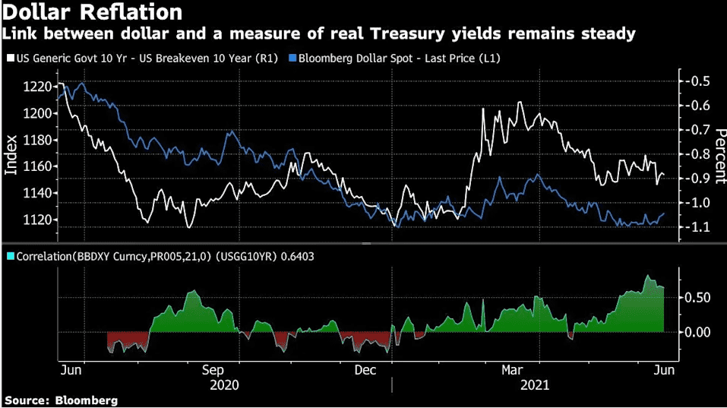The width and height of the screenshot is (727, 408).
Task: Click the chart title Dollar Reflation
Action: pos(92,11)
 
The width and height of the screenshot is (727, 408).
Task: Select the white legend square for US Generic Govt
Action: pos(11,59)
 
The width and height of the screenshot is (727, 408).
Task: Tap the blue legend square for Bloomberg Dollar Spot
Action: pos(292,59)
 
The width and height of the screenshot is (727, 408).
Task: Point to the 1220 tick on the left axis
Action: pos(37,87)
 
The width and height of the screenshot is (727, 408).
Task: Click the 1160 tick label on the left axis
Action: pos(37,166)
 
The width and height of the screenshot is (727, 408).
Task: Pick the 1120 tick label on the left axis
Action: pos(37,220)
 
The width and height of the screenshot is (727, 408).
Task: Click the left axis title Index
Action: pos(11,155)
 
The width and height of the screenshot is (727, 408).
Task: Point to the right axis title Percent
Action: pos(720,157)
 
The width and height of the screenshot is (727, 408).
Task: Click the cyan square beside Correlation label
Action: pos(11,256)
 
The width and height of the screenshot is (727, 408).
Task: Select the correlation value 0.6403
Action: pos(296,256)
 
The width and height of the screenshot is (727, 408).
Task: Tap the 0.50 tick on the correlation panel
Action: pos(697,297)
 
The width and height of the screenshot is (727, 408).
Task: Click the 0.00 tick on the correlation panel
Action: pos(697,332)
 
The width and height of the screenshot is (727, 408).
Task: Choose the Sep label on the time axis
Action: pos(213,371)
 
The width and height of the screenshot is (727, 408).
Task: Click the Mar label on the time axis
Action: pos(512,370)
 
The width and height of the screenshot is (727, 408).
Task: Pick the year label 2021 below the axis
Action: pos(535,385)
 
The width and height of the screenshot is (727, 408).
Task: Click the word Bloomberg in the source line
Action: pos(87,400)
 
